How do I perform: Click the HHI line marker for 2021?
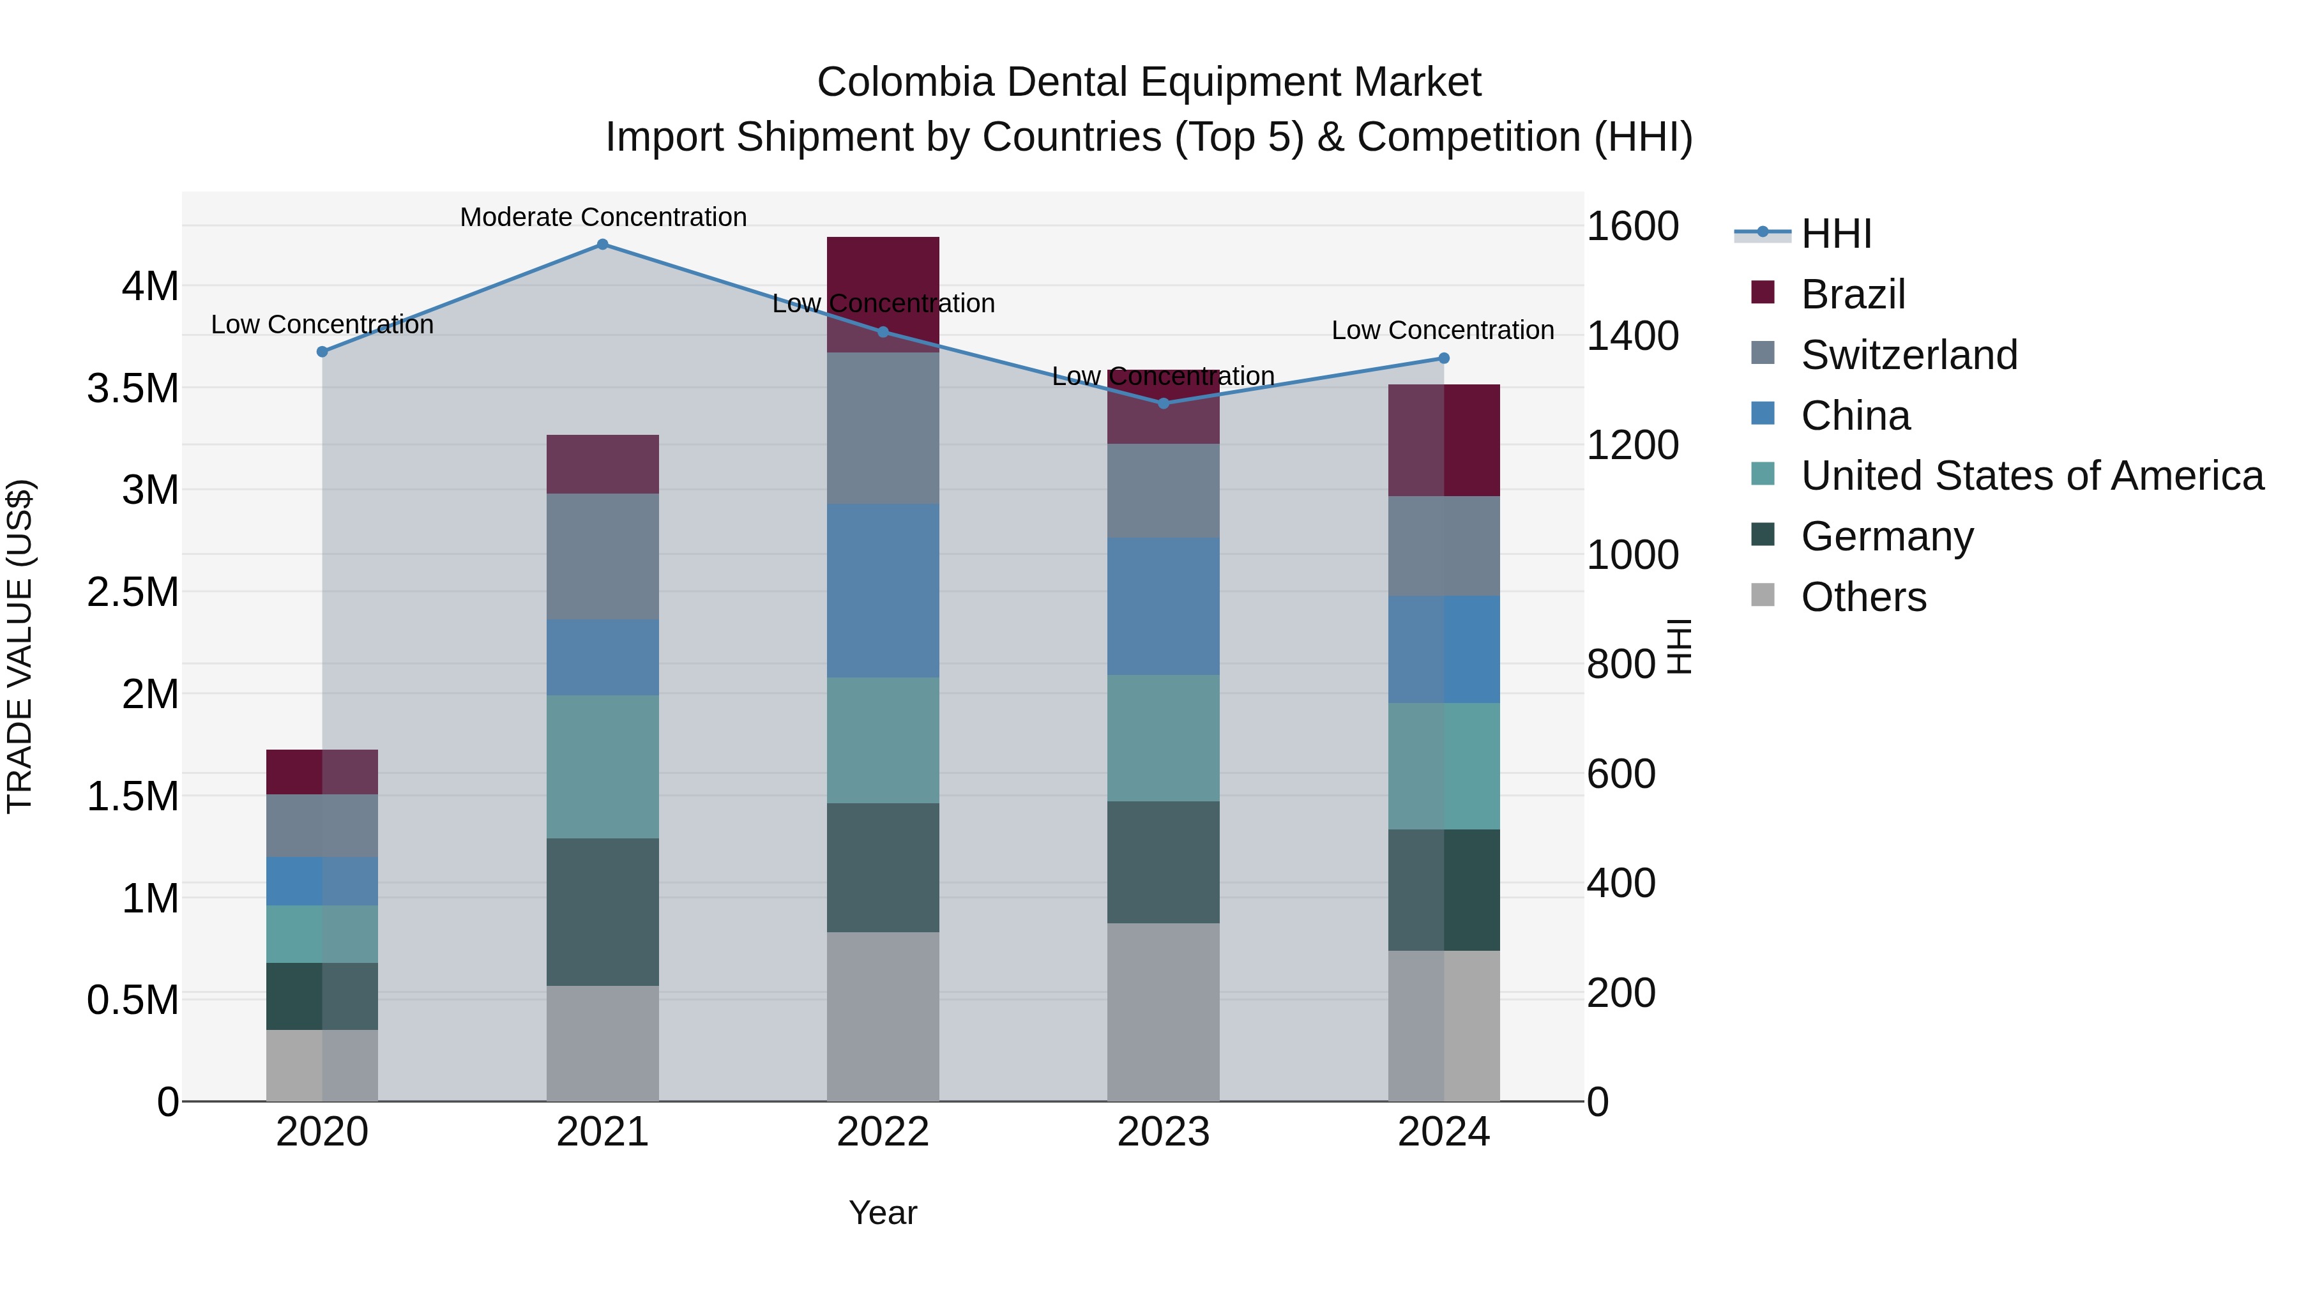tap(602, 245)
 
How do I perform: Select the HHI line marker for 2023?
tap(1163, 404)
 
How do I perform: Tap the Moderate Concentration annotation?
tap(603, 217)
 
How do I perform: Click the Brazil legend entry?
tap(1852, 294)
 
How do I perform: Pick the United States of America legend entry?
tap(2031, 476)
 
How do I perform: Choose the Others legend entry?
tap(1863, 597)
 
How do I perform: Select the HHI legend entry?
tap(1835, 234)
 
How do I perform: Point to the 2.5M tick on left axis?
tap(133, 593)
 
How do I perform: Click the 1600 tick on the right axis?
tap(1632, 227)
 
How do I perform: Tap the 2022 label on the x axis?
tap(883, 1132)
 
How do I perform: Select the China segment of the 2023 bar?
tap(1163, 607)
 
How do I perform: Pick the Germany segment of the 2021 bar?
tap(602, 911)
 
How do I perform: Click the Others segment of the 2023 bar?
tap(1163, 1012)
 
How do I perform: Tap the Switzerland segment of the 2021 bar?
tap(602, 556)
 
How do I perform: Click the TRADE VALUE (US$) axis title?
tap(20, 646)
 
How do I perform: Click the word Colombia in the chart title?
tap(904, 83)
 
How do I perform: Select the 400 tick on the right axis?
tap(1621, 884)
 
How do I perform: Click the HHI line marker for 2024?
tap(1443, 359)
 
